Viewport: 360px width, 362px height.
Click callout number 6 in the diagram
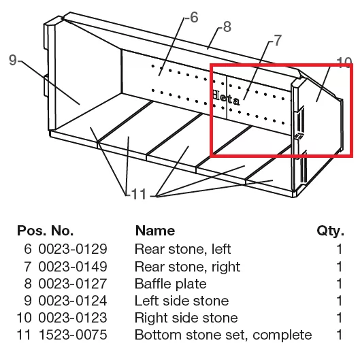(x=194, y=17)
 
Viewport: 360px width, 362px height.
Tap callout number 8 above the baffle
(x=227, y=27)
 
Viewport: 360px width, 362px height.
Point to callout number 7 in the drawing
(x=278, y=40)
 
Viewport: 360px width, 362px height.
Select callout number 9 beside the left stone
(x=13, y=60)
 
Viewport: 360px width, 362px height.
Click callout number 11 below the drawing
(x=139, y=194)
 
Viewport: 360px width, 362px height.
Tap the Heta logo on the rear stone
(x=226, y=98)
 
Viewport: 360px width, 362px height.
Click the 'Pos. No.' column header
(x=46, y=231)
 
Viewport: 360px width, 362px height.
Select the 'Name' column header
(x=155, y=231)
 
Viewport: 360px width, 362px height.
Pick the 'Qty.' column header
(x=331, y=231)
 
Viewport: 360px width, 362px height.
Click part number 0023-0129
(x=73, y=249)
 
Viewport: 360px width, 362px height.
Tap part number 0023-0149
(x=73, y=267)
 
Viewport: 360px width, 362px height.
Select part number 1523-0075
(x=73, y=335)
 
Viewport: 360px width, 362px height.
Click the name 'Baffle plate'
(x=171, y=284)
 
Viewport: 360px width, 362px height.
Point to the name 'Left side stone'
(x=182, y=301)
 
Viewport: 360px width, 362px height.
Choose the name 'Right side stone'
(x=186, y=318)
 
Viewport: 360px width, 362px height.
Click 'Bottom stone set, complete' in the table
(x=223, y=335)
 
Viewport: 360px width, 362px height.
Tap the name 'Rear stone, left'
(x=182, y=249)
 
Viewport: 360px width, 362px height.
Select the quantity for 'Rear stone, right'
(x=339, y=267)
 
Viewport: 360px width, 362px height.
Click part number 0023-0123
(x=73, y=318)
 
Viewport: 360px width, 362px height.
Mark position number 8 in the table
(x=28, y=284)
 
